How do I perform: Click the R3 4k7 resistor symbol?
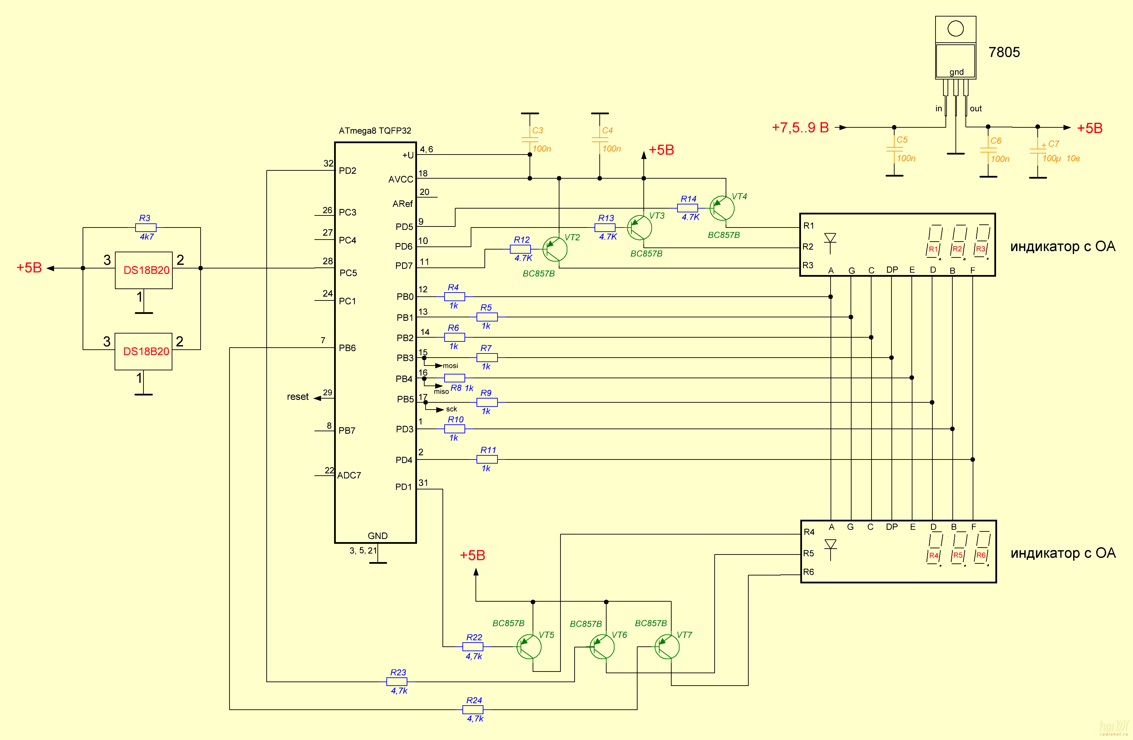[x=146, y=228]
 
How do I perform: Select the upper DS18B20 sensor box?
[x=144, y=270]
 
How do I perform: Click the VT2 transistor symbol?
[x=555, y=249]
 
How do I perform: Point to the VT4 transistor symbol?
[x=722, y=208]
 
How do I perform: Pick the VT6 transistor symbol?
[x=602, y=647]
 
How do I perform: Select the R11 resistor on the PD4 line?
[x=487, y=459]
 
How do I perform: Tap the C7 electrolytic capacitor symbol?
[x=1038, y=151]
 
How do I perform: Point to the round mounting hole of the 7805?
[x=955, y=29]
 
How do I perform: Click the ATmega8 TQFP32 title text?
[x=375, y=130]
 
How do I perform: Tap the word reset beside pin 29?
[x=298, y=397]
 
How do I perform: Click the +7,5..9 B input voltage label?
[x=800, y=128]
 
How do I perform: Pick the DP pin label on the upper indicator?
[x=892, y=269]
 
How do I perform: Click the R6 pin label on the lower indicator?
[x=808, y=572]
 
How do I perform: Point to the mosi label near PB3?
[x=450, y=366]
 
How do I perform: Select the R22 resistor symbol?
[x=473, y=647]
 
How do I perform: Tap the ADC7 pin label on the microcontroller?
[x=349, y=475]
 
